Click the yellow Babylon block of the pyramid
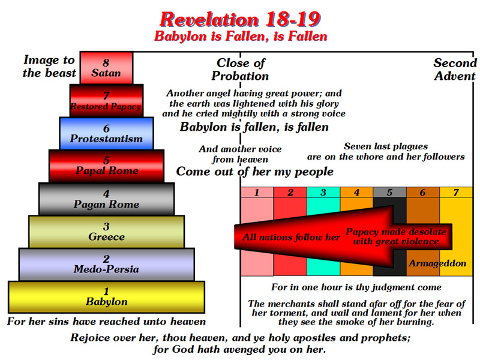click(x=106, y=297)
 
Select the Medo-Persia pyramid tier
click(x=106, y=264)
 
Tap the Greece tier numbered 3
click(x=106, y=232)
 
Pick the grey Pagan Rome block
click(x=106, y=199)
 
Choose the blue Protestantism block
click(x=106, y=133)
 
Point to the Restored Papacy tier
click(x=106, y=101)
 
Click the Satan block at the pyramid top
click(x=106, y=68)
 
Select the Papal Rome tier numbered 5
click(x=106, y=166)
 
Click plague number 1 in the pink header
click(x=257, y=193)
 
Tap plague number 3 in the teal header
click(x=323, y=193)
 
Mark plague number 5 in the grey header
click(x=389, y=193)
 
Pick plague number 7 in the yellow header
click(x=456, y=193)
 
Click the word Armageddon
click(x=437, y=263)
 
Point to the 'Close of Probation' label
click(x=241, y=70)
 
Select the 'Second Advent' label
click(x=455, y=70)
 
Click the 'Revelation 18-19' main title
click(x=240, y=19)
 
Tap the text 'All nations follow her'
click(x=291, y=237)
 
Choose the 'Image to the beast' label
click(x=49, y=67)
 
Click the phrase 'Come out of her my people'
click(x=254, y=172)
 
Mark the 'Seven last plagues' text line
click(x=386, y=146)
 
